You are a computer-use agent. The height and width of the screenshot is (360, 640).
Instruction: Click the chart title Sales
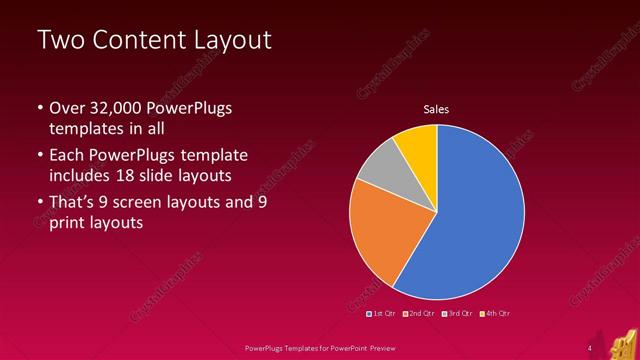(436, 108)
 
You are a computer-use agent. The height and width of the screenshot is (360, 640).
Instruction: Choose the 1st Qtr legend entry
(383, 314)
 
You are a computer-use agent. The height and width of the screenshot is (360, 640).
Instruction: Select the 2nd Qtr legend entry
(418, 314)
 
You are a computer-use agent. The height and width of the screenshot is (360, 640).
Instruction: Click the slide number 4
(589, 347)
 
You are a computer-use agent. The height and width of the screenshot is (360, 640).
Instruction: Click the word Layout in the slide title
(231, 41)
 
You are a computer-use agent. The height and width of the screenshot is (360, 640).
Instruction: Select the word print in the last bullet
(68, 224)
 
